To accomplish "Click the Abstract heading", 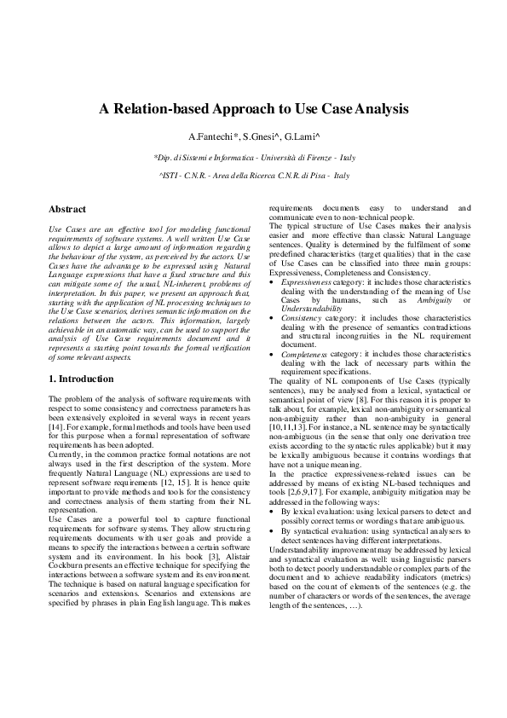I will (x=67, y=209).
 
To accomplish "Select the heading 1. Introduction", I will (x=82, y=378).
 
